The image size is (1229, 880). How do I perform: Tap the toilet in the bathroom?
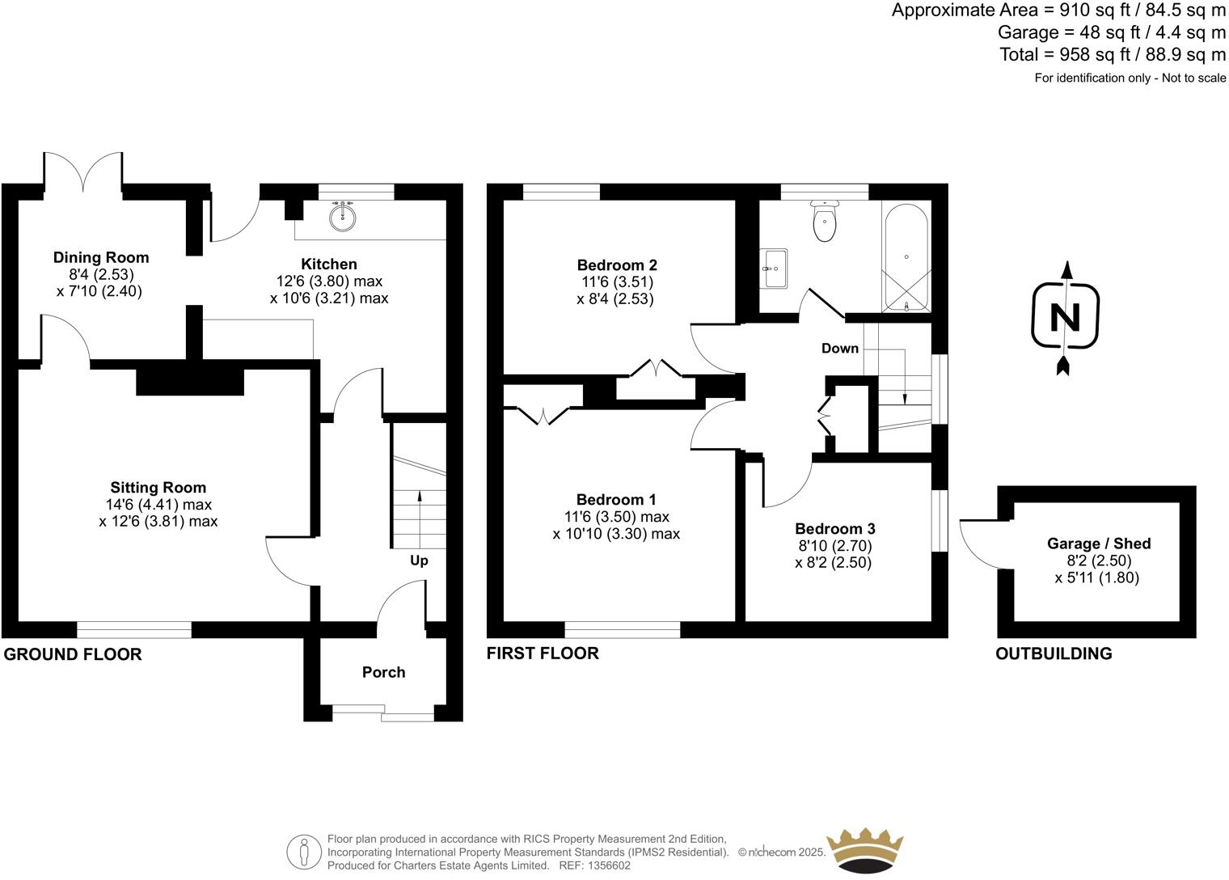point(824,222)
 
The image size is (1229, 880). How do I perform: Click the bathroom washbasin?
point(774,268)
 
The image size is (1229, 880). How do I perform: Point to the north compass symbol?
point(1065,318)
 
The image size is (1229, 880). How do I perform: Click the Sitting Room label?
point(158,487)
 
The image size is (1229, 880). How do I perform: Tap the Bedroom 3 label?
point(834,528)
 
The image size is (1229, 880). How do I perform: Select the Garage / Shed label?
point(1098,544)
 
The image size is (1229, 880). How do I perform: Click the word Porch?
point(383,672)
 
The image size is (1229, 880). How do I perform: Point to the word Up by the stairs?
point(419,561)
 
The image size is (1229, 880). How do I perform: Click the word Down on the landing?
point(839,349)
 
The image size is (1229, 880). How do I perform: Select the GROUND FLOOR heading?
point(73,654)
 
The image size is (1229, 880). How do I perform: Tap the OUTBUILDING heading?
point(1053,654)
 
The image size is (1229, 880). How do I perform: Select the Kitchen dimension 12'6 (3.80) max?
point(328,281)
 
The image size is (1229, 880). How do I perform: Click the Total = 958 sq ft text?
point(1113,54)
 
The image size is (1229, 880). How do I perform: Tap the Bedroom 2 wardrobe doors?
point(656,368)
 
